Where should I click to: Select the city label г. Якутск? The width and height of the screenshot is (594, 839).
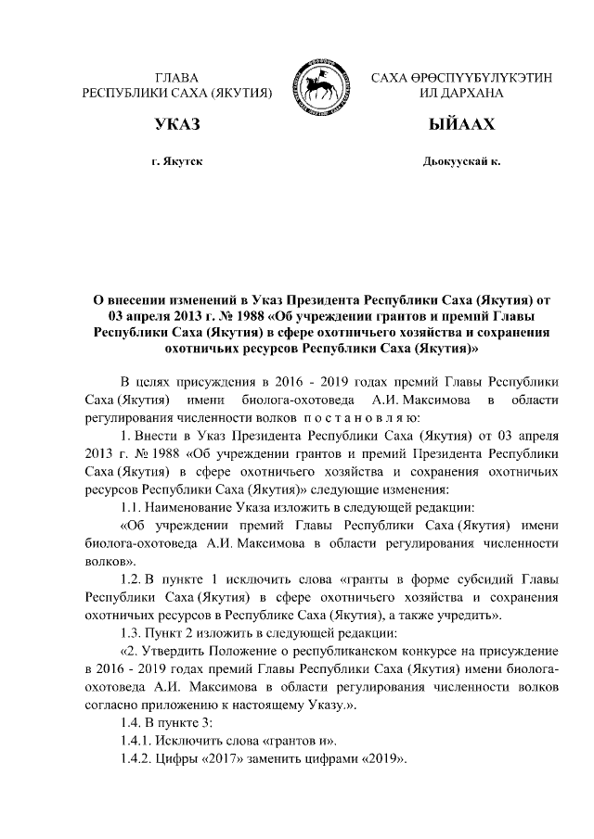point(177,161)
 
